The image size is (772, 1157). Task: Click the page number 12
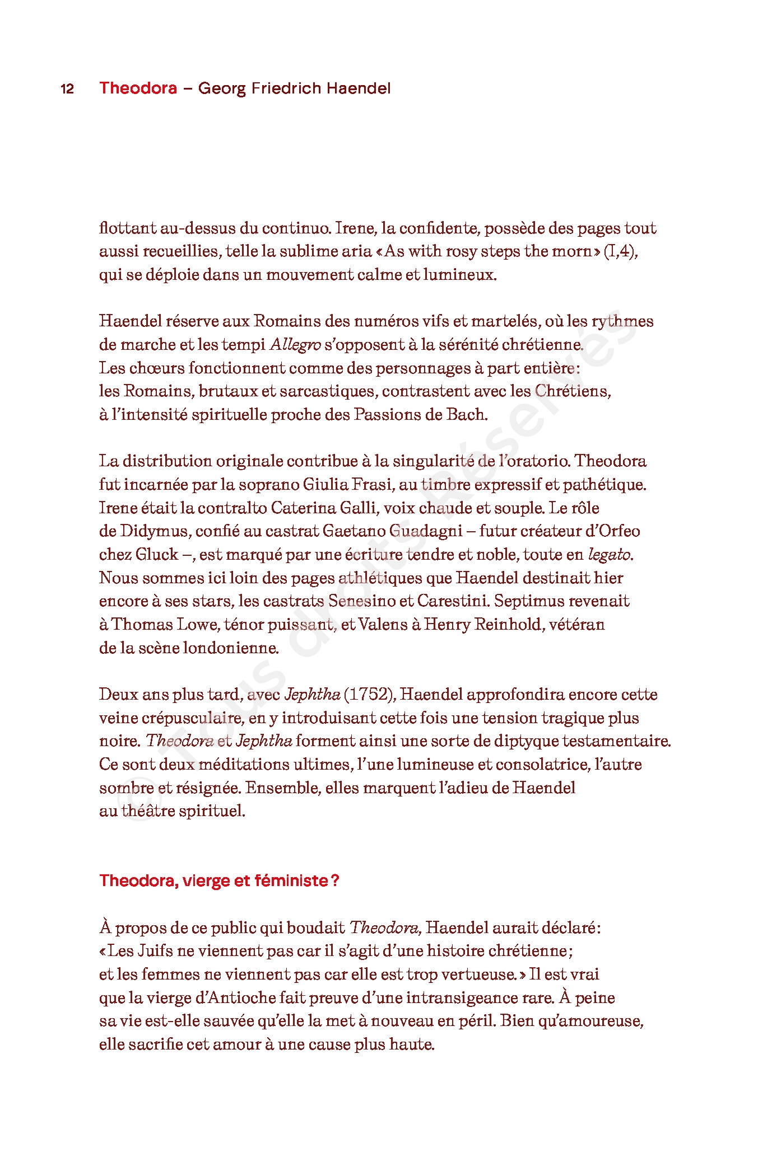click(67, 89)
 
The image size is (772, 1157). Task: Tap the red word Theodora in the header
click(138, 88)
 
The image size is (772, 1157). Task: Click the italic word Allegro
click(295, 345)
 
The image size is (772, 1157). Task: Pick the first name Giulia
click(325, 485)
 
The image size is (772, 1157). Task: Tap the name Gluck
click(156, 555)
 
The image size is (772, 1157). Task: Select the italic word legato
click(610, 555)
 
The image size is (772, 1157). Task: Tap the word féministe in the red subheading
click(291, 881)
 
